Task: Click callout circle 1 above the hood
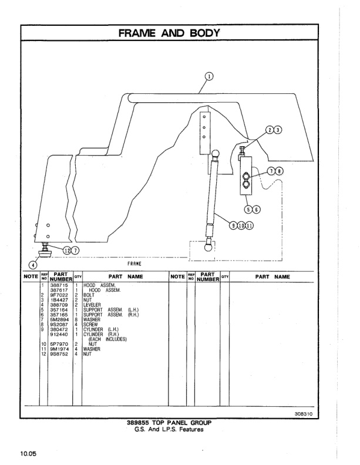210,75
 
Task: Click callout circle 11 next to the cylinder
250,225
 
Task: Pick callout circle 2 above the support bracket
269,130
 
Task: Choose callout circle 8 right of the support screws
280,171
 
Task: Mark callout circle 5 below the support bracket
249,208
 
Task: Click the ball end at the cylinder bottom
209,248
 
